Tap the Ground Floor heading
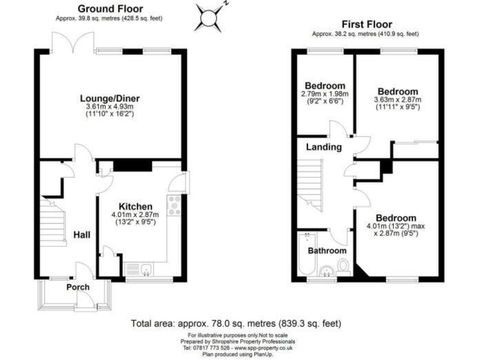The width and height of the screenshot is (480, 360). [109, 9]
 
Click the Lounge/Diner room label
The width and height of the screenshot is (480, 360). [109, 98]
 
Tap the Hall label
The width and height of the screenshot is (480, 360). [82, 235]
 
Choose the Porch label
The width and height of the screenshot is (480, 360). [78, 287]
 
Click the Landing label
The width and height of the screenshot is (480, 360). [323, 147]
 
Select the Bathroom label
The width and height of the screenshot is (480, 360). [326, 251]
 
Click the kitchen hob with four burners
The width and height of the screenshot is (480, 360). [174, 206]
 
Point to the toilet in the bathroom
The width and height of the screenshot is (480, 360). [343, 267]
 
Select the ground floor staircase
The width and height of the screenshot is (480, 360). [52, 221]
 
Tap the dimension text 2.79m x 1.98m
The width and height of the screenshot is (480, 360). [324, 95]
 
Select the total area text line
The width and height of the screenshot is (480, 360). [236, 324]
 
